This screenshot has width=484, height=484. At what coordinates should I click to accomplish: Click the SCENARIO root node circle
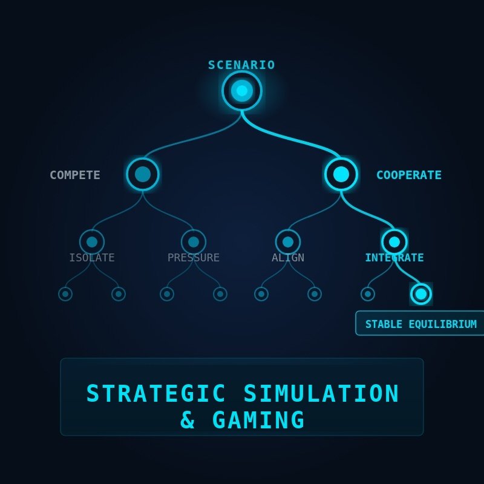(242, 91)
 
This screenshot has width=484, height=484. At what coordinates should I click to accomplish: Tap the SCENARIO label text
(242, 65)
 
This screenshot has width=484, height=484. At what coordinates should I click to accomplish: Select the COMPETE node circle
(143, 174)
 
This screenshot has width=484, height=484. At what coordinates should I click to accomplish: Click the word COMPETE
(75, 175)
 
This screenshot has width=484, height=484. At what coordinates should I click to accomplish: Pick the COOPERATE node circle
(341, 174)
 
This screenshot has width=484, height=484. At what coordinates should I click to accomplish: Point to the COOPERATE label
(409, 175)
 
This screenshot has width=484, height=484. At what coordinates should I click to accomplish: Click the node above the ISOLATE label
(92, 242)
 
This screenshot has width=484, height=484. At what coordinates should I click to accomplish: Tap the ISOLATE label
(92, 258)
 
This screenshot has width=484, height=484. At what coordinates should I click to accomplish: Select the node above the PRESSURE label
(194, 242)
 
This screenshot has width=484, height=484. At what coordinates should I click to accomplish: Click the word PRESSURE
(194, 258)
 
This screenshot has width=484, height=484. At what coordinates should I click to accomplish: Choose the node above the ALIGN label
(288, 242)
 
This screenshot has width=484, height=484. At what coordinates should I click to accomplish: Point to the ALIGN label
(288, 258)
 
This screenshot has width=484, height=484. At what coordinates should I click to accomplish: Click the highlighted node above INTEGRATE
(394, 242)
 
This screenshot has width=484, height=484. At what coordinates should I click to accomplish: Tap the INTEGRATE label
(394, 258)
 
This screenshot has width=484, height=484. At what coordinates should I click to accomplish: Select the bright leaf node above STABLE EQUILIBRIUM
(421, 294)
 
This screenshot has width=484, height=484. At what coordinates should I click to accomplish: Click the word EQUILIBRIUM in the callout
(443, 324)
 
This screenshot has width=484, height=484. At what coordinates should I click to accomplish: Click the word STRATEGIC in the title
(156, 394)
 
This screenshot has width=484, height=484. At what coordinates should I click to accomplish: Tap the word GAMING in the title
(258, 420)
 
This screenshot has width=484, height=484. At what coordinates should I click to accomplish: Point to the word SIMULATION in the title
(321, 394)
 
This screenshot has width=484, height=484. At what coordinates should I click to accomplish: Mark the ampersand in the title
(188, 420)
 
